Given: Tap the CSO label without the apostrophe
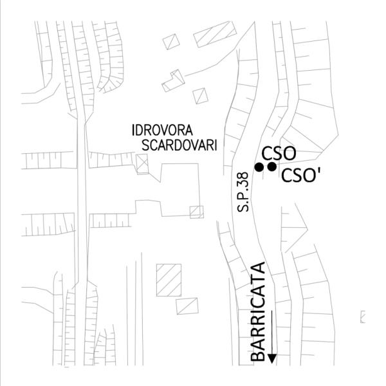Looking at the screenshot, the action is (x=279, y=153).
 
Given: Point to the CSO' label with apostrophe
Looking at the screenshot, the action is (x=302, y=175).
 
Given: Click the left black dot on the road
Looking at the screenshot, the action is (x=259, y=167).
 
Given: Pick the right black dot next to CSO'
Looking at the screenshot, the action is (x=271, y=167).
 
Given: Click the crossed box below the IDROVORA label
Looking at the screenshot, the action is (x=143, y=163).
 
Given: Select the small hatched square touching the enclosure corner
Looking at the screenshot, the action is (x=197, y=211).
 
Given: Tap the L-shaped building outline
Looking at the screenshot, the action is (x=173, y=80).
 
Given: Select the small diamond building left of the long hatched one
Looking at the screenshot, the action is (x=171, y=41).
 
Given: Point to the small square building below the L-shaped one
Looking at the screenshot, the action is (x=201, y=96).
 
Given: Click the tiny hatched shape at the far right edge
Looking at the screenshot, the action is (x=363, y=315).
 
